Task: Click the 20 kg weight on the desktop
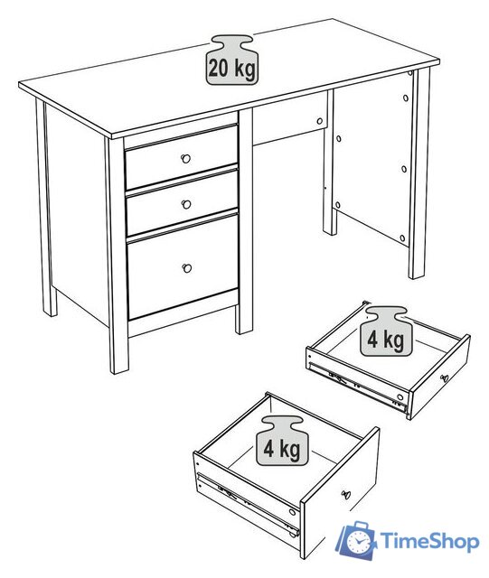click(231, 60)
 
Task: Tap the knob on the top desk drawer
click(186, 159)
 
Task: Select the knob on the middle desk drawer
click(186, 204)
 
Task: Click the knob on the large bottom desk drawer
click(187, 268)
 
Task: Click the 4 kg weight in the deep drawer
click(282, 441)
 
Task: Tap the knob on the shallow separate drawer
click(445, 378)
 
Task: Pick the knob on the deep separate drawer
click(346, 495)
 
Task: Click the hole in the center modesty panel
click(320, 121)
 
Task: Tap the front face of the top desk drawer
click(181, 157)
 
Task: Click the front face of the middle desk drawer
click(182, 203)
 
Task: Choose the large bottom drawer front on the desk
click(183, 267)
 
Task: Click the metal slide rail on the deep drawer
click(248, 502)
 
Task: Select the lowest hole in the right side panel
click(402, 238)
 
